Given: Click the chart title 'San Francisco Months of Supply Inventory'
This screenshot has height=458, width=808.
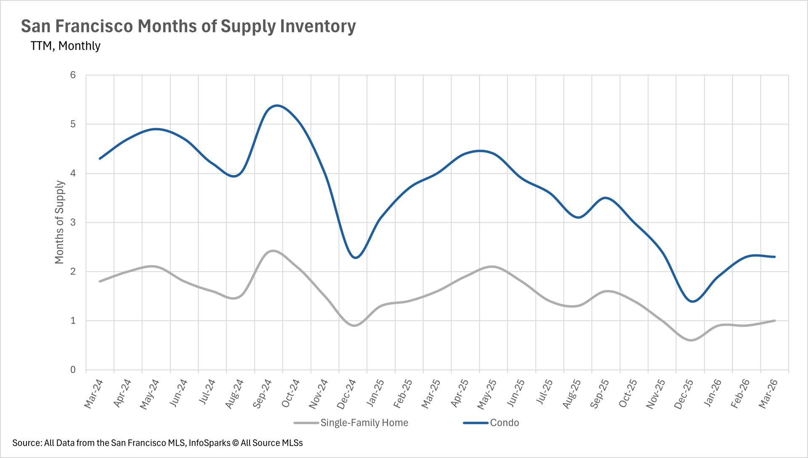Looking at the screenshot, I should (x=188, y=26).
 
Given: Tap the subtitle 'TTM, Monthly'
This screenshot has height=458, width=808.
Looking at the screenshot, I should (x=65, y=46).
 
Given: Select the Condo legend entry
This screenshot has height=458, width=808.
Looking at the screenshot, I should (x=504, y=423).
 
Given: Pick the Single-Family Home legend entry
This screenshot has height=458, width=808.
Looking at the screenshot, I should (x=364, y=423).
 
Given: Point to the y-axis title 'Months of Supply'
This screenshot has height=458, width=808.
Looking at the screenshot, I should (x=59, y=222).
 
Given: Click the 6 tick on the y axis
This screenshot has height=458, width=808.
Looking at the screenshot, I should (x=73, y=75).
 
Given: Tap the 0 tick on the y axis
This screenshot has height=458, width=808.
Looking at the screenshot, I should (x=73, y=370).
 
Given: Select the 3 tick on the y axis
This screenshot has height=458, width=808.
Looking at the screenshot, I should (x=73, y=222).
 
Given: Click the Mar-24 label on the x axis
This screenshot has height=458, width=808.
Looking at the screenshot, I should (x=93, y=394).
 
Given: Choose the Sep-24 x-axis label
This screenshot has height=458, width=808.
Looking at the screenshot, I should (x=262, y=394).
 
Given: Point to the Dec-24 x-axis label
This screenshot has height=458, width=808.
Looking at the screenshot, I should (x=346, y=394).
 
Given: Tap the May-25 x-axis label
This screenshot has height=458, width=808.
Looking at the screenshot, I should (x=487, y=394).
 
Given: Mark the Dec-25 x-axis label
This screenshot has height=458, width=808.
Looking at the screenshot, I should (x=683, y=394).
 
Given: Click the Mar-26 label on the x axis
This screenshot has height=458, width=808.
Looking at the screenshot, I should (x=768, y=394).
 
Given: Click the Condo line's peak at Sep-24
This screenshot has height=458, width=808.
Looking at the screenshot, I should (x=276, y=105).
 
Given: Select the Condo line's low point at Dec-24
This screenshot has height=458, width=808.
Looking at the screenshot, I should (x=356, y=258).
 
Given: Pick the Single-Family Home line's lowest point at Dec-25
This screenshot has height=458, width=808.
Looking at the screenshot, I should (x=691, y=340).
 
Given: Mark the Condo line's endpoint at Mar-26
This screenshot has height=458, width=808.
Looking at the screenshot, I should (x=774, y=257).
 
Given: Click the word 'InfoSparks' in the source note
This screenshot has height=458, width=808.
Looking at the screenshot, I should (x=209, y=443).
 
